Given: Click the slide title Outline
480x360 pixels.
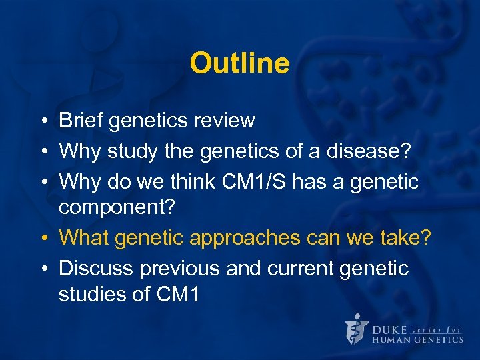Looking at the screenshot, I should tap(239, 64).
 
